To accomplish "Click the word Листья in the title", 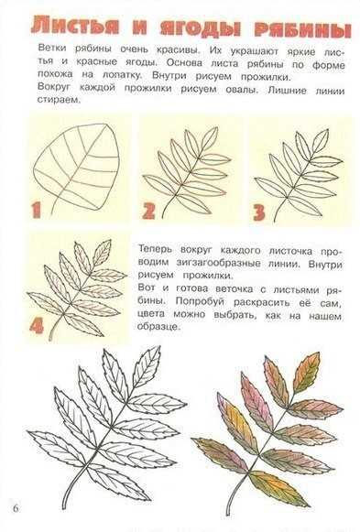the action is tap(75, 26).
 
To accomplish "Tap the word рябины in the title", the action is tap(302, 29).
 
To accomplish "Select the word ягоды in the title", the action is tap(201, 27).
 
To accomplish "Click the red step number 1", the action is tap(37, 210).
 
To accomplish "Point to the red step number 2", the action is tap(148, 211).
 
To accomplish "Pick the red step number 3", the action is tap(259, 212).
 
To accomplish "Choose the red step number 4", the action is tap(37, 325).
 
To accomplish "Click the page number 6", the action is tap(16, 508).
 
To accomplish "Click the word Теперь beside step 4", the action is tap(155, 249).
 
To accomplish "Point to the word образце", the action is tap(158, 326).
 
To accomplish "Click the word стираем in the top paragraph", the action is tap(60, 100).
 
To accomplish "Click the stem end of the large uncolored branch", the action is tap(64, 508).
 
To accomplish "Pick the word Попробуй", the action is tap(200, 301).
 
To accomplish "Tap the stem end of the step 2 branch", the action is tap(162, 218).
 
